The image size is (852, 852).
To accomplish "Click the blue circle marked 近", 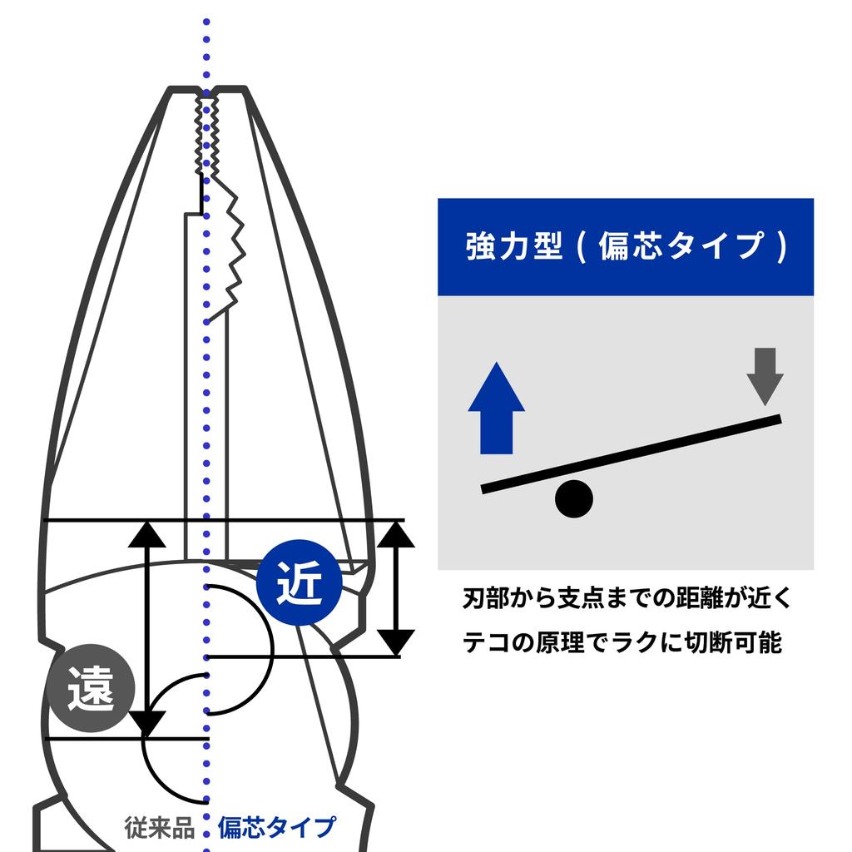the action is click(299, 582).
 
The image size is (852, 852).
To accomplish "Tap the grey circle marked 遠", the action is click(90, 688).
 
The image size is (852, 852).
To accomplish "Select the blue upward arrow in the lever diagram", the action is click(496, 408).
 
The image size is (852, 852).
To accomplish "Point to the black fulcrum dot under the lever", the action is click(574, 499).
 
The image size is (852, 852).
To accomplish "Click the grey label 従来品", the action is click(159, 827).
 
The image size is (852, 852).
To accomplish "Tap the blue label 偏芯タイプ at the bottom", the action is click(277, 827).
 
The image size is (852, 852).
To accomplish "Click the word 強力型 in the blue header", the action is click(514, 246).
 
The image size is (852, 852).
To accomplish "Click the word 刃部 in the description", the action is click(486, 598).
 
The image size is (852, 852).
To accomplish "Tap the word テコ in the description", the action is click(486, 643).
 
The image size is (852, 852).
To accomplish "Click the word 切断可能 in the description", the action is click(734, 643).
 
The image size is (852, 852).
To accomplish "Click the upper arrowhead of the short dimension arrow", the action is click(396, 533).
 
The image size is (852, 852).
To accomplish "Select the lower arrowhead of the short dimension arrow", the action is click(396, 643).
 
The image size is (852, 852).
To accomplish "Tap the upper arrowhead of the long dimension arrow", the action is click(146, 534).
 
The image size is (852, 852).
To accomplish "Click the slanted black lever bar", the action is click(632, 454).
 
